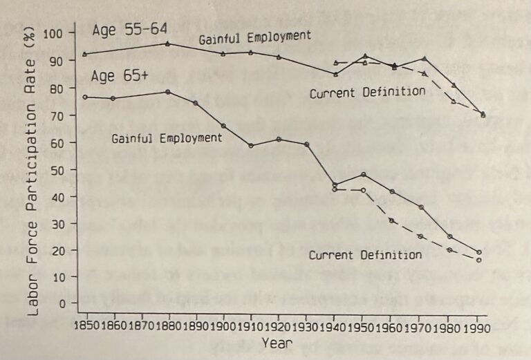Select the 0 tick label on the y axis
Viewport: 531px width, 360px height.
point(63,303)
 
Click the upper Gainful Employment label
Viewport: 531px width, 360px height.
point(254,38)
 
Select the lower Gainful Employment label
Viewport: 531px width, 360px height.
point(167,138)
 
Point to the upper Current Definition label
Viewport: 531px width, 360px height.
point(366,92)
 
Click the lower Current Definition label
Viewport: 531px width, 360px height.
point(364,255)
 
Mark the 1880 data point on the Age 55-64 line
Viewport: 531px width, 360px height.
point(168,44)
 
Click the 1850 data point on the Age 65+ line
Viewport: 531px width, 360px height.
point(85,97)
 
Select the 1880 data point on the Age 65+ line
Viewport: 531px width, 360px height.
point(168,92)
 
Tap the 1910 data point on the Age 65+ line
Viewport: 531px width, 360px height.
point(251,145)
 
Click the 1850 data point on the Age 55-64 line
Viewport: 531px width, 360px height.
point(85,54)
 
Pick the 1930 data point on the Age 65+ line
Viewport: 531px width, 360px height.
point(306,144)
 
